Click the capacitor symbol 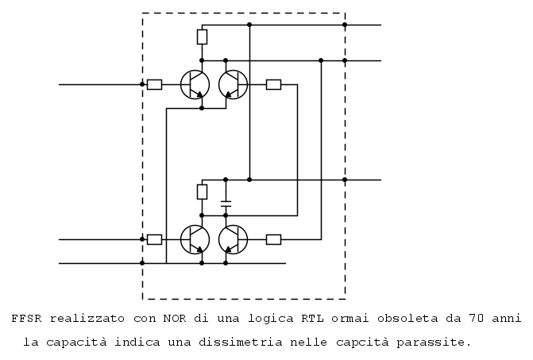226,203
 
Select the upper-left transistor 195,85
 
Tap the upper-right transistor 234,85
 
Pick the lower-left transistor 195,240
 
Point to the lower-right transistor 234,240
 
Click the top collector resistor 202,37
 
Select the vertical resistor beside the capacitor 202,192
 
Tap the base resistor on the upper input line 154,85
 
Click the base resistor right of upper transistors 273,85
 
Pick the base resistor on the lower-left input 154,240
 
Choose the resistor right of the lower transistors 273,240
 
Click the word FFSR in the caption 26,319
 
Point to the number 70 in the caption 477,319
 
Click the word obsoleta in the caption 407,319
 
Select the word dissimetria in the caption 241,342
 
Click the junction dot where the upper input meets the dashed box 142,84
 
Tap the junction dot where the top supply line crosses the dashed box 345,25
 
